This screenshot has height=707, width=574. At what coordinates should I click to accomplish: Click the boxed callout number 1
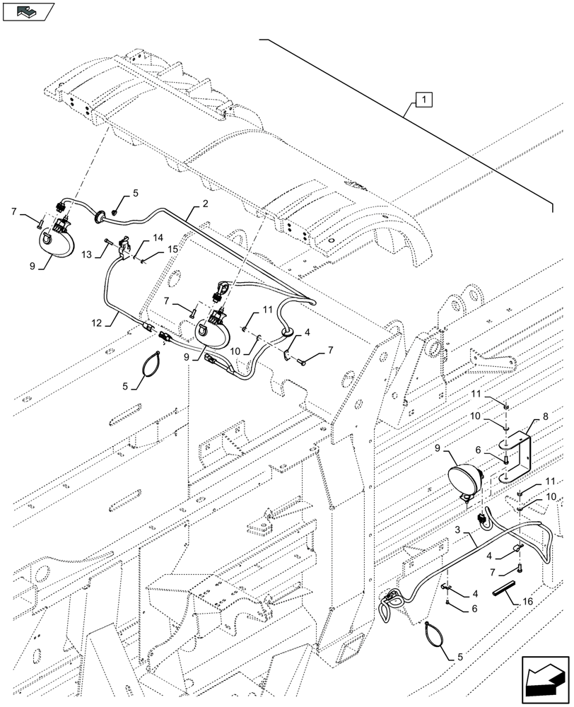(x=421, y=100)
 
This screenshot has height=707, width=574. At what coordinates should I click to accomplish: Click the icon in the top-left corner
(x=28, y=11)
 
